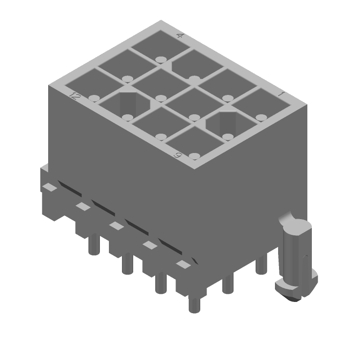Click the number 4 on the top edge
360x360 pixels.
(180, 36)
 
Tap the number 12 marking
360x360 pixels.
(75, 95)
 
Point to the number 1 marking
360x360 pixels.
(281, 94)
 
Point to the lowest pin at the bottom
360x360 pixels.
(194, 305)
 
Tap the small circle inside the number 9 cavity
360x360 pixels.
(194, 156)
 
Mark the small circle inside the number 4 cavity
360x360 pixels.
(160, 59)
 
